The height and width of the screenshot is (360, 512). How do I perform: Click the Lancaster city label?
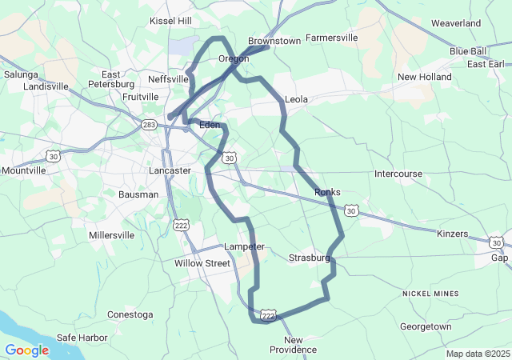(x=170, y=170)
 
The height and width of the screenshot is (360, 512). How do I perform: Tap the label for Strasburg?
(x=309, y=258)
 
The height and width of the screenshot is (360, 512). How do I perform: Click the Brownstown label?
(x=274, y=41)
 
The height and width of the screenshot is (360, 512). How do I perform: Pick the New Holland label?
(x=425, y=77)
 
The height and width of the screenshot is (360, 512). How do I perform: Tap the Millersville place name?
(x=112, y=235)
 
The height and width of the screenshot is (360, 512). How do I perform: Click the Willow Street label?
(x=202, y=263)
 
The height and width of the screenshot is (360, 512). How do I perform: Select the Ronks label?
(x=328, y=192)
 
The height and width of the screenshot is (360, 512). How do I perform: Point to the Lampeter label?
(x=244, y=246)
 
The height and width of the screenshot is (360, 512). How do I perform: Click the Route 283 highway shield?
(x=149, y=125)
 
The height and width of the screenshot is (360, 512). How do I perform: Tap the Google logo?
(x=26, y=350)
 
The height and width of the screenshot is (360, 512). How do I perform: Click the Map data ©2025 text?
(x=478, y=354)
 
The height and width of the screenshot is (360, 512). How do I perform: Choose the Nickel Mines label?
(x=430, y=294)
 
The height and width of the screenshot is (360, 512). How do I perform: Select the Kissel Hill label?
(x=171, y=20)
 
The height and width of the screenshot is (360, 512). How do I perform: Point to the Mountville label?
(x=24, y=170)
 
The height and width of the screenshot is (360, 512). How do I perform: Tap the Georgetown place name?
(x=426, y=326)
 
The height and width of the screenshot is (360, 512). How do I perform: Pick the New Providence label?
(x=293, y=345)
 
